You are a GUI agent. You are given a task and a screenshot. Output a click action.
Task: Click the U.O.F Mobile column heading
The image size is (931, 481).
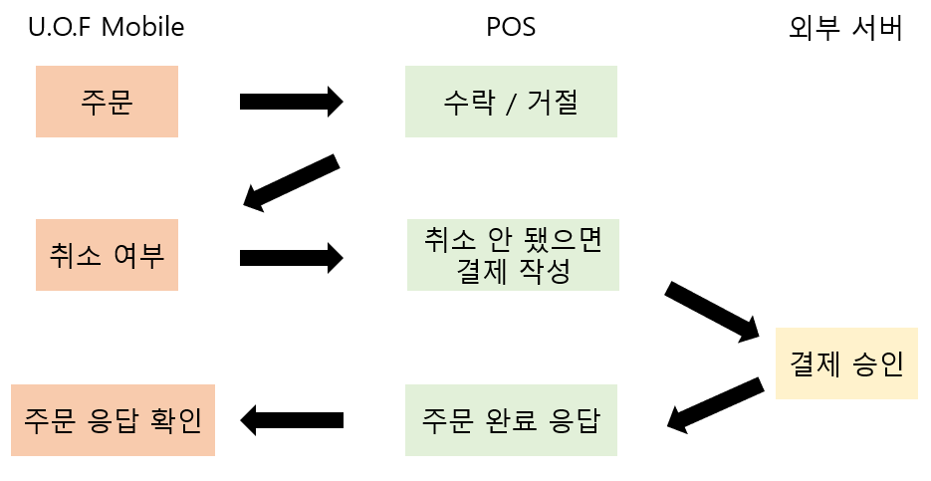(106, 27)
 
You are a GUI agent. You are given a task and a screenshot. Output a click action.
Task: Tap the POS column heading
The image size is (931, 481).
(512, 27)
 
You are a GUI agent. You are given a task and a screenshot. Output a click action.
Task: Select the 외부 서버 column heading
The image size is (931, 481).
(845, 28)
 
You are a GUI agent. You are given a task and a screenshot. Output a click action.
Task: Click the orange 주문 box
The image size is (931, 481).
(107, 102)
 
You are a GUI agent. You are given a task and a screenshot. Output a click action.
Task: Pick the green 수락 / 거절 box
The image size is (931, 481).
(512, 102)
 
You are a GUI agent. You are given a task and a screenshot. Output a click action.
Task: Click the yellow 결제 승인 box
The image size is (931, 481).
(846, 363)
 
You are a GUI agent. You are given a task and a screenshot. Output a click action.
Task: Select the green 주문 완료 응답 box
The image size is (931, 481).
(512, 420)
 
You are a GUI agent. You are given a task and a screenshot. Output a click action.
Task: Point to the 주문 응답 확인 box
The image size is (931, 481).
(114, 420)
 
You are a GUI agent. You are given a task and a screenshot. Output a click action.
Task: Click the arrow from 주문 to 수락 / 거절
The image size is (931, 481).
(291, 102)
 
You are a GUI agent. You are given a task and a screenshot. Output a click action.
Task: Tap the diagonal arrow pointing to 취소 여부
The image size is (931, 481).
(291, 182)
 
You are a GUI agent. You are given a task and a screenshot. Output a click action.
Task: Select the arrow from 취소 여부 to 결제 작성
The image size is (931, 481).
(291, 258)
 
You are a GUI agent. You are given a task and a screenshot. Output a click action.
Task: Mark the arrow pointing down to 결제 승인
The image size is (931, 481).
(712, 312)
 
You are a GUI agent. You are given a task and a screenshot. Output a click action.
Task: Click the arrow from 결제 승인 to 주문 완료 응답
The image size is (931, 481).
(714, 404)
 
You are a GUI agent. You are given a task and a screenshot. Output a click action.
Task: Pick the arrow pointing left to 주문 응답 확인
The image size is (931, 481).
(293, 420)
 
